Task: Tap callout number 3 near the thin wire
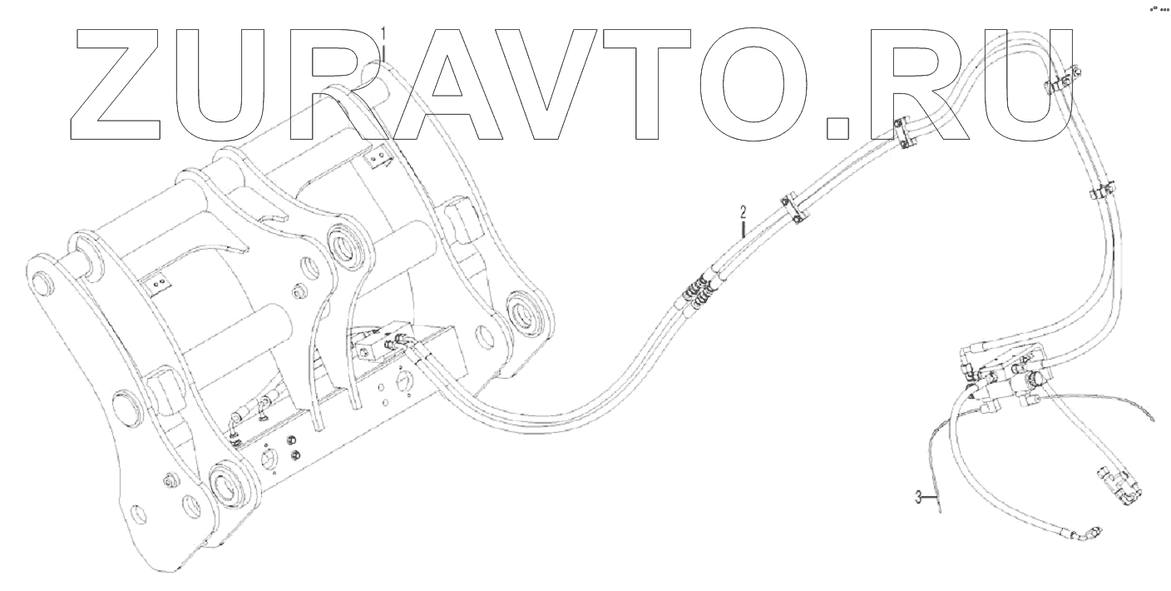(919, 498)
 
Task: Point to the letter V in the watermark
(547, 83)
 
